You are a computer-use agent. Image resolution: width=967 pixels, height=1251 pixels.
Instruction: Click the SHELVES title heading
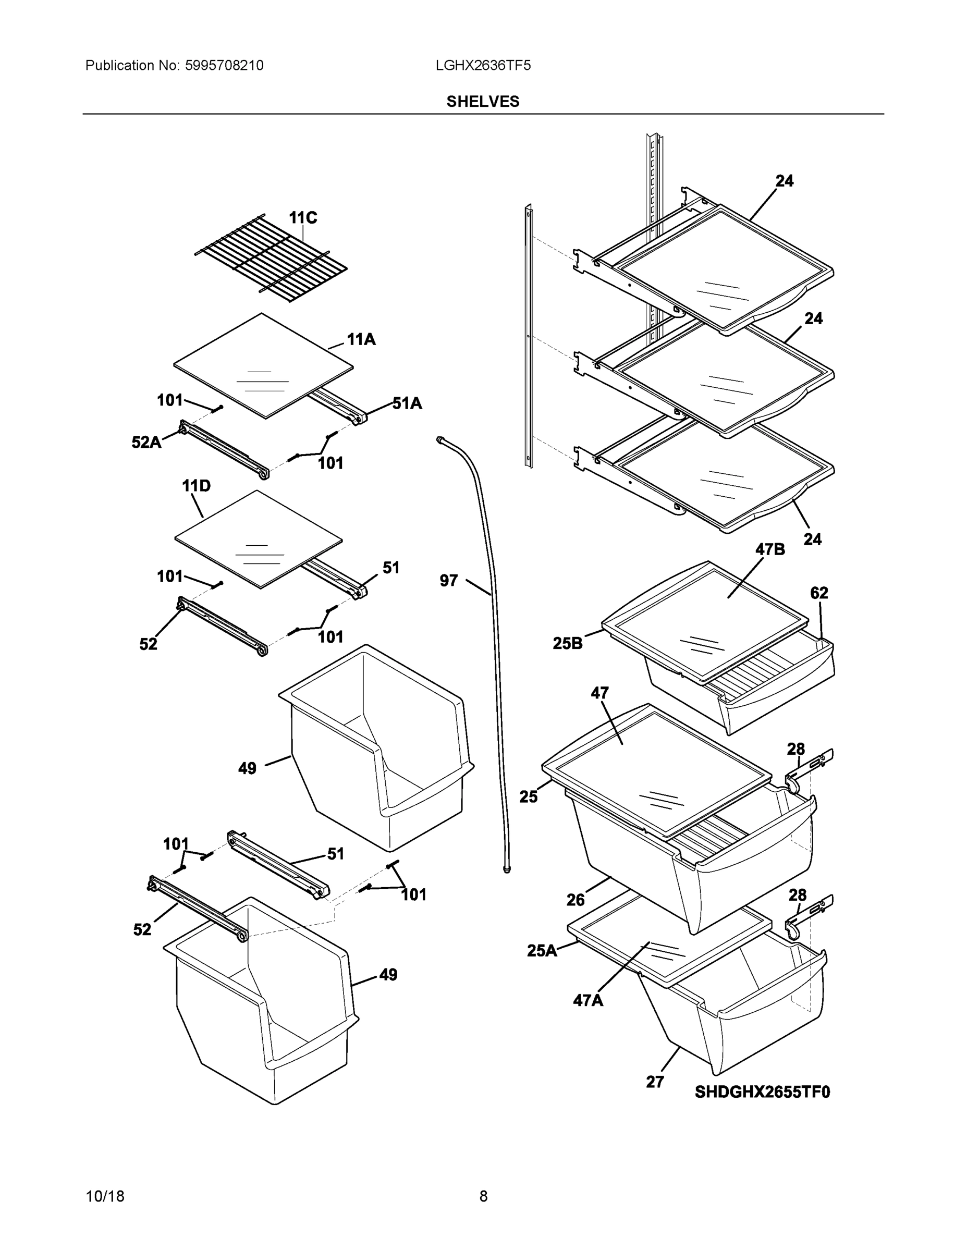click(482, 102)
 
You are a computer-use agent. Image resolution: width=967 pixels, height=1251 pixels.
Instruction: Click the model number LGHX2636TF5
click(482, 65)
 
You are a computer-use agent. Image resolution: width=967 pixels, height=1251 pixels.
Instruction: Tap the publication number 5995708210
click(224, 65)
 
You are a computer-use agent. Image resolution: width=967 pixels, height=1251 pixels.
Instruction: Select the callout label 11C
click(302, 218)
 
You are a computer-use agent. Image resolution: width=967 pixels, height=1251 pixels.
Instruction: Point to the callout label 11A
click(361, 340)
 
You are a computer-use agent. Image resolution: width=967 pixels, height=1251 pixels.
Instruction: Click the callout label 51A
click(407, 404)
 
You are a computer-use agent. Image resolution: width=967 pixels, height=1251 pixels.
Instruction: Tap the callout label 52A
click(146, 442)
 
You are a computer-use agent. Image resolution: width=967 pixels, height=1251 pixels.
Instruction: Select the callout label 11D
click(196, 486)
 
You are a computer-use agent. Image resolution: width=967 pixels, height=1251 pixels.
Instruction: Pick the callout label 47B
click(770, 549)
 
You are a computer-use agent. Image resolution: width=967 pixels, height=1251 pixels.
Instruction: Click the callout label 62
click(818, 593)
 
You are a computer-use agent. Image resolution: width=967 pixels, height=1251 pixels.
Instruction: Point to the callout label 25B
click(567, 644)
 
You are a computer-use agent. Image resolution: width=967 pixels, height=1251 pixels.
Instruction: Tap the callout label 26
click(575, 900)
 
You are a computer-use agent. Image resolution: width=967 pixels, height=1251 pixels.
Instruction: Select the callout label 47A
click(588, 1000)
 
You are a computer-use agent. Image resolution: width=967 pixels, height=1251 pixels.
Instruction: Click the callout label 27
click(655, 1082)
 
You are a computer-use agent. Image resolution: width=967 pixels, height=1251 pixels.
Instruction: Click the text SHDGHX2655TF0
click(762, 1093)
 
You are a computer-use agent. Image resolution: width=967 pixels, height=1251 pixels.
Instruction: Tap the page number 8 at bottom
click(483, 1196)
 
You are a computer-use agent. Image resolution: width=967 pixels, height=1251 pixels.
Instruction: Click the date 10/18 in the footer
click(105, 1196)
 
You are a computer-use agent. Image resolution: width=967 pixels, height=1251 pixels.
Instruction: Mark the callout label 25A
click(541, 951)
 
